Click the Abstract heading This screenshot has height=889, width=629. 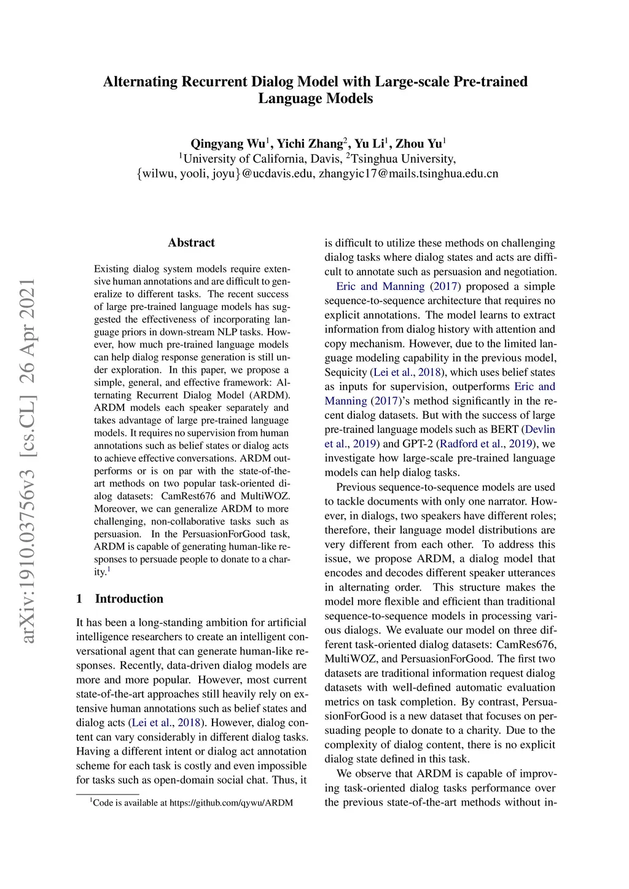pyautogui.click(x=191, y=243)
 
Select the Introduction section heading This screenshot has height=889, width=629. pyautogui.click(x=129, y=599)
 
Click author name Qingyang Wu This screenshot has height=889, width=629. pyautogui.click(x=227, y=144)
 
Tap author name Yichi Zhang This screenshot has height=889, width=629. pyautogui.click(x=309, y=144)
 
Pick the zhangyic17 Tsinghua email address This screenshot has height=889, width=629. pyautogui.click(x=408, y=174)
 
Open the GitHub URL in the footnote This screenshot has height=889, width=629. pyautogui.click(x=231, y=802)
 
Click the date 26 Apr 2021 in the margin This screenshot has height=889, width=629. pyautogui.click(x=28, y=341)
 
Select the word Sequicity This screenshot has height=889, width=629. pyautogui.click(x=346, y=372)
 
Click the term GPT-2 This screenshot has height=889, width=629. pyautogui.click(x=418, y=444)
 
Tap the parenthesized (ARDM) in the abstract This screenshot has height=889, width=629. pyautogui.click(x=270, y=395)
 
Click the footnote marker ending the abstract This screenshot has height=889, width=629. pyautogui.click(x=109, y=570)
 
